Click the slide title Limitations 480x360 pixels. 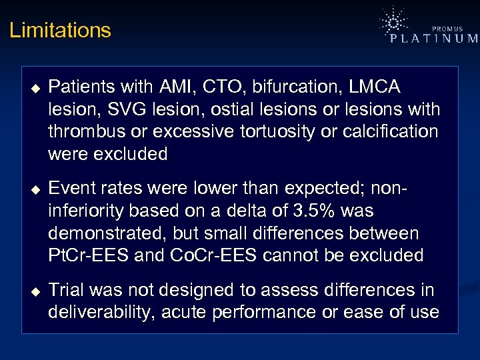(x=60, y=31)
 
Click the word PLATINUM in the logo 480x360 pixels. (x=434, y=39)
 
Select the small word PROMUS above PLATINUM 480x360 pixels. (x=447, y=29)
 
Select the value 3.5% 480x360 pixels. (x=319, y=211)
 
